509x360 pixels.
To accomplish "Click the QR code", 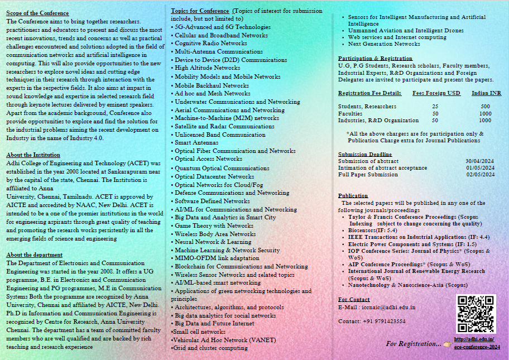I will [x=476, y=314].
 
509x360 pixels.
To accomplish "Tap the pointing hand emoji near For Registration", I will [x=447, y=343].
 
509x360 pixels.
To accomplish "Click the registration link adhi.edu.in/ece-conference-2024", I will [x=477, y=343].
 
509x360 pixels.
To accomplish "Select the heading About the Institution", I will [x=33, y=155].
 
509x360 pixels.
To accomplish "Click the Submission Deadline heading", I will [x=364, y=154].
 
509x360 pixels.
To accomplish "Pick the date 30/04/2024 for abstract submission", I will [x=480, y=161].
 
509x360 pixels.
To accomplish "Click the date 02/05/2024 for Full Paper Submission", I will [x=480, y=174].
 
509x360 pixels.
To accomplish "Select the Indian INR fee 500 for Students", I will [x=485, y=106].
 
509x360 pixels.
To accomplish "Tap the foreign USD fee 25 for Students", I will [x=435, y=106].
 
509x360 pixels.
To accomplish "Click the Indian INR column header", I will [x=486, y=93].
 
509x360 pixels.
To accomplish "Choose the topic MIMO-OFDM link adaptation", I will [x=209, y=258].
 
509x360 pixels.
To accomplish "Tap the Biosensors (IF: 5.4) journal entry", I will [x=372, y=229].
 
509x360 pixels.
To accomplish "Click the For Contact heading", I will [x=354, y=300].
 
